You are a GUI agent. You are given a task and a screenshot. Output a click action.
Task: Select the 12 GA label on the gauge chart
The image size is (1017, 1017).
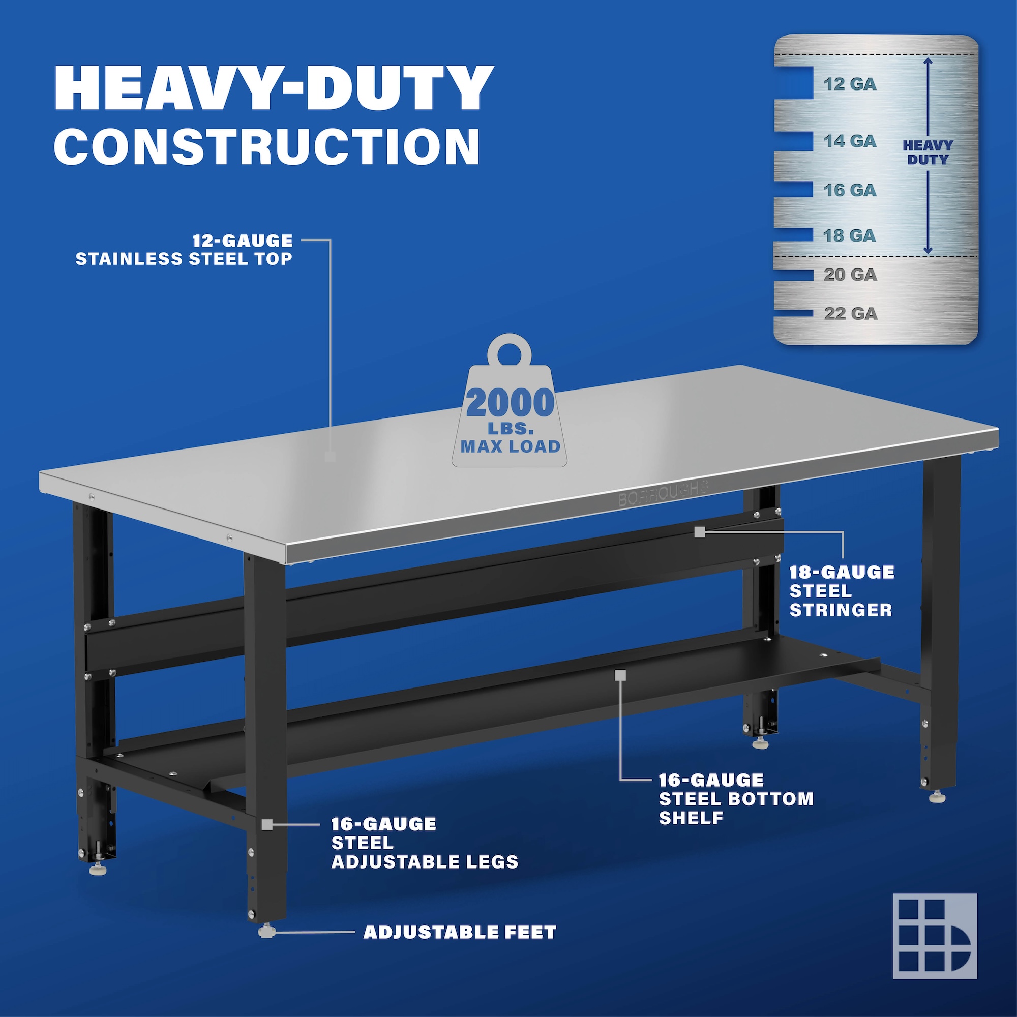850,84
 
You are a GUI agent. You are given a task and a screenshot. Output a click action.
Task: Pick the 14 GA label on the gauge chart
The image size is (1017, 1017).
850,141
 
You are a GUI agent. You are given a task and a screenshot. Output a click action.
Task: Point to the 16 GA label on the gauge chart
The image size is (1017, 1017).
850,190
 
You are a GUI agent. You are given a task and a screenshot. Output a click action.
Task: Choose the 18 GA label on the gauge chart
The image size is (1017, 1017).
850,235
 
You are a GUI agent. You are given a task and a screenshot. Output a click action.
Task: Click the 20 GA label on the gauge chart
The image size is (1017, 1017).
850,275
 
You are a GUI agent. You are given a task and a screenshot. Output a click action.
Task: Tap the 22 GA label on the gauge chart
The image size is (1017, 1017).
851,314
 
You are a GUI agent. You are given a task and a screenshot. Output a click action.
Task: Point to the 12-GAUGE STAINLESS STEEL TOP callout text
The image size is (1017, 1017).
184,250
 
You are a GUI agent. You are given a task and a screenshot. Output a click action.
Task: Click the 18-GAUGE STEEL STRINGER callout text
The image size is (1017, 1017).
842,591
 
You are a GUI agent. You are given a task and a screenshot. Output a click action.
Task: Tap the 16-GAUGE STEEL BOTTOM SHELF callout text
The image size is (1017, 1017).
736,798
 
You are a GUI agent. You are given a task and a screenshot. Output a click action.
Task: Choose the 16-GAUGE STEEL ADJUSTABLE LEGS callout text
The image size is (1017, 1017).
425,843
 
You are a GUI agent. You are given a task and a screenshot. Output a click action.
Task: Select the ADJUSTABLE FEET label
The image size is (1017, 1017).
460,933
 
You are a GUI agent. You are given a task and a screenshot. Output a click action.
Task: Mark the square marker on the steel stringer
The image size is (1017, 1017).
700,533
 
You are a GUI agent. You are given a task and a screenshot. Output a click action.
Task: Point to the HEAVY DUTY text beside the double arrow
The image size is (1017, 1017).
928,153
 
